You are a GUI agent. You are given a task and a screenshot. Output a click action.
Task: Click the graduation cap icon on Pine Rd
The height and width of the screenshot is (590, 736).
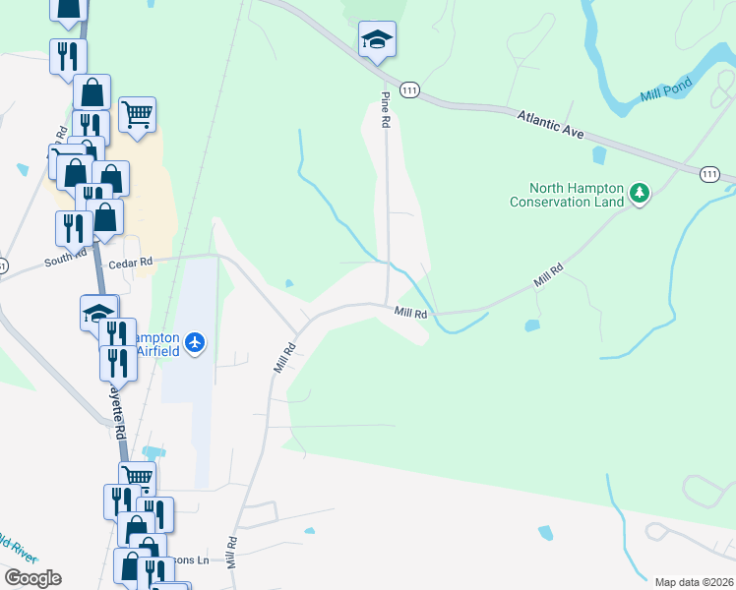click(x=377, y=40)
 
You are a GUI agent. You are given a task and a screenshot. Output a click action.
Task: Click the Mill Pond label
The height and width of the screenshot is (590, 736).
click(x=661, y=94)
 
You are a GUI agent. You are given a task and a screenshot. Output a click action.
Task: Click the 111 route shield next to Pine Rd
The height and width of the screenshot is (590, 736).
click(x=410, y=89)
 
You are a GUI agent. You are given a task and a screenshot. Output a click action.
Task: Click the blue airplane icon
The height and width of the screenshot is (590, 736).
click(x=196, y=342)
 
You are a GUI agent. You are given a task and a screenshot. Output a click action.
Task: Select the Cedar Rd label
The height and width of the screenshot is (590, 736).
click(x=132, y=263)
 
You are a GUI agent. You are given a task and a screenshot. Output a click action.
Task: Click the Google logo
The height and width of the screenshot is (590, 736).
click(x=32, y=578)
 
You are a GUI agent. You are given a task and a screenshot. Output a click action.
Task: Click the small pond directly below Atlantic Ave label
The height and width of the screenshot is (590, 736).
click(x=599, y=154)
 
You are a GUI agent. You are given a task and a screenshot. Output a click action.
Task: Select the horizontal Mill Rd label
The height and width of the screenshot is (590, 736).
click(x=410, y=314)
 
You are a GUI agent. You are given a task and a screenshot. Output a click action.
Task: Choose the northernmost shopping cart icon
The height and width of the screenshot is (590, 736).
click(x=137, y=112)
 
